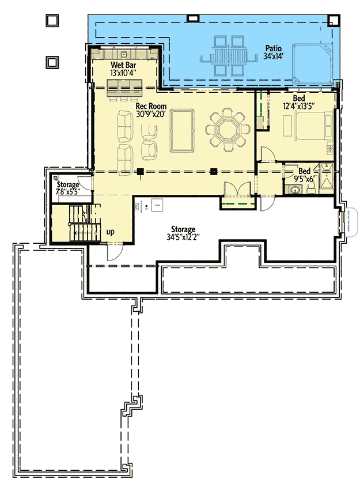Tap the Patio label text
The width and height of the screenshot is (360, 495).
click(272, 48)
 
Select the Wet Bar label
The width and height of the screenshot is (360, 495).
click(123, 66)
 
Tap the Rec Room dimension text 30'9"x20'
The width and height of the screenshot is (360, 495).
click(150, 114)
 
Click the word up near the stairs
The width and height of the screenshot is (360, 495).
click(109, 232)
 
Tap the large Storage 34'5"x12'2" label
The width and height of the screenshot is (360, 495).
click(181, 233)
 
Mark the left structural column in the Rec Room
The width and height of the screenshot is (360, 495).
click(140, 171)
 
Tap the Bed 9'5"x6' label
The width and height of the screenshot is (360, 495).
click(305, 175)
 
